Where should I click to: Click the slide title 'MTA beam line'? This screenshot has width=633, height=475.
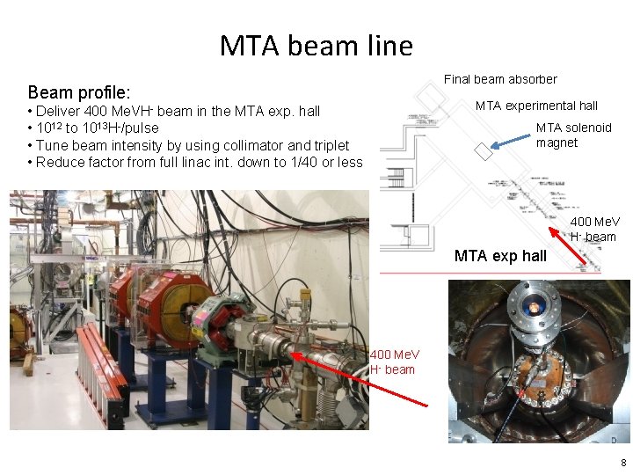(x=316, y=45)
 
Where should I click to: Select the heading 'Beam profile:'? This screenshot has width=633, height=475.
(x=79, y=91)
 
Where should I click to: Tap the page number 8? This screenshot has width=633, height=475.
(x=623, y=463)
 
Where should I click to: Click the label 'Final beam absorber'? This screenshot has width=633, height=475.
(x=499, y=79)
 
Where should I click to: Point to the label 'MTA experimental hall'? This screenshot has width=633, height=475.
(x=536, y=106)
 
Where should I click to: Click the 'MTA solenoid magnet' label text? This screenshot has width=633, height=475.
(x=573, y=135)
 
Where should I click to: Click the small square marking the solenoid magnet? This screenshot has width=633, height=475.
(x=484, y=151)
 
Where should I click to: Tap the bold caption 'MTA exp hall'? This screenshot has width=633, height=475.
(x=500, y=257)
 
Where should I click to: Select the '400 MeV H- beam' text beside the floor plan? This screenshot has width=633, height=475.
(x=594, y=229)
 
